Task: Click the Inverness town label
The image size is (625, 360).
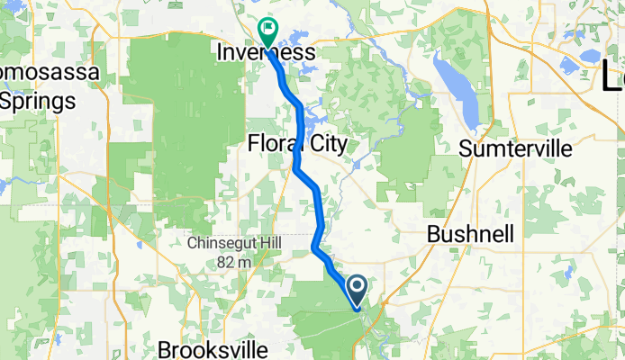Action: click(267, 53)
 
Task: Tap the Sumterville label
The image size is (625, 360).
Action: click(514, 149)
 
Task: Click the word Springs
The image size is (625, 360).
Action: click(38, 101)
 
